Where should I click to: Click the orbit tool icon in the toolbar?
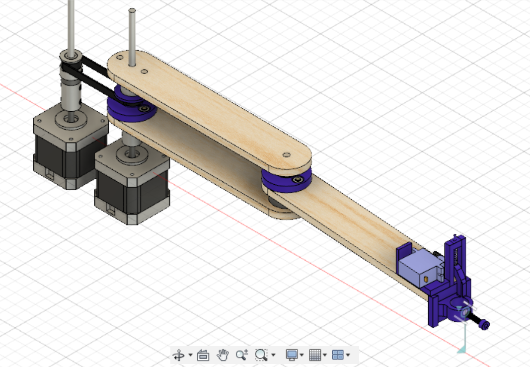click(178, 355)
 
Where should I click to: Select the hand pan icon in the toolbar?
click(223, 355)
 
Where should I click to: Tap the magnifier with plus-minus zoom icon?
click(241, 355)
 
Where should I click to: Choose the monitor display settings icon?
click(292, 355)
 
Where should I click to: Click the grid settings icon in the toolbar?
click(315, 355)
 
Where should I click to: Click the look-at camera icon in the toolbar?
click(203, 355)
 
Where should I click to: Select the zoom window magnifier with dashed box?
click(261, 355)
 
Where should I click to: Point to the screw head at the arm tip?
click(485, 325)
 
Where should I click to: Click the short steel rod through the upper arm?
click(132, 35)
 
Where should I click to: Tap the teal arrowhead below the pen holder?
click(461, 350)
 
